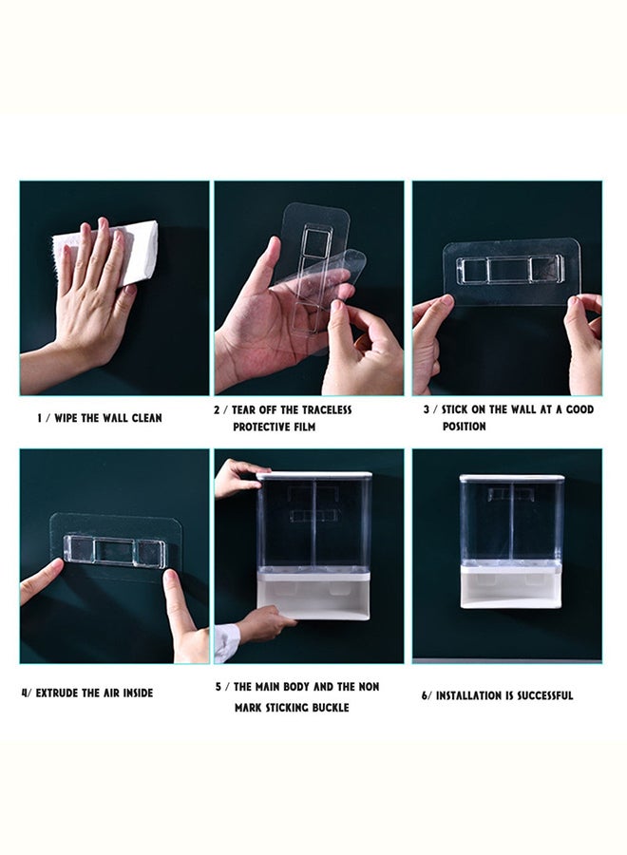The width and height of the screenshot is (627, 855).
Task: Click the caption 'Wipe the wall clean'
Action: pos(100,418)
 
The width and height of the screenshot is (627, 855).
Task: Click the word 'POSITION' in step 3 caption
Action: pos(464,427)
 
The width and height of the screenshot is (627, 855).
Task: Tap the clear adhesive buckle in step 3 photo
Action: pos(511,270)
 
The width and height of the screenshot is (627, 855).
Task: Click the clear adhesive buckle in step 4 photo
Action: pos(115,550)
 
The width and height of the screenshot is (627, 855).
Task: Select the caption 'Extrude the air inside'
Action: pos(86,693)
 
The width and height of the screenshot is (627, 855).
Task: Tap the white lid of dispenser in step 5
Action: pos(313,475)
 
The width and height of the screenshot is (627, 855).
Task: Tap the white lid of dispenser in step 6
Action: pos(511,478)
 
